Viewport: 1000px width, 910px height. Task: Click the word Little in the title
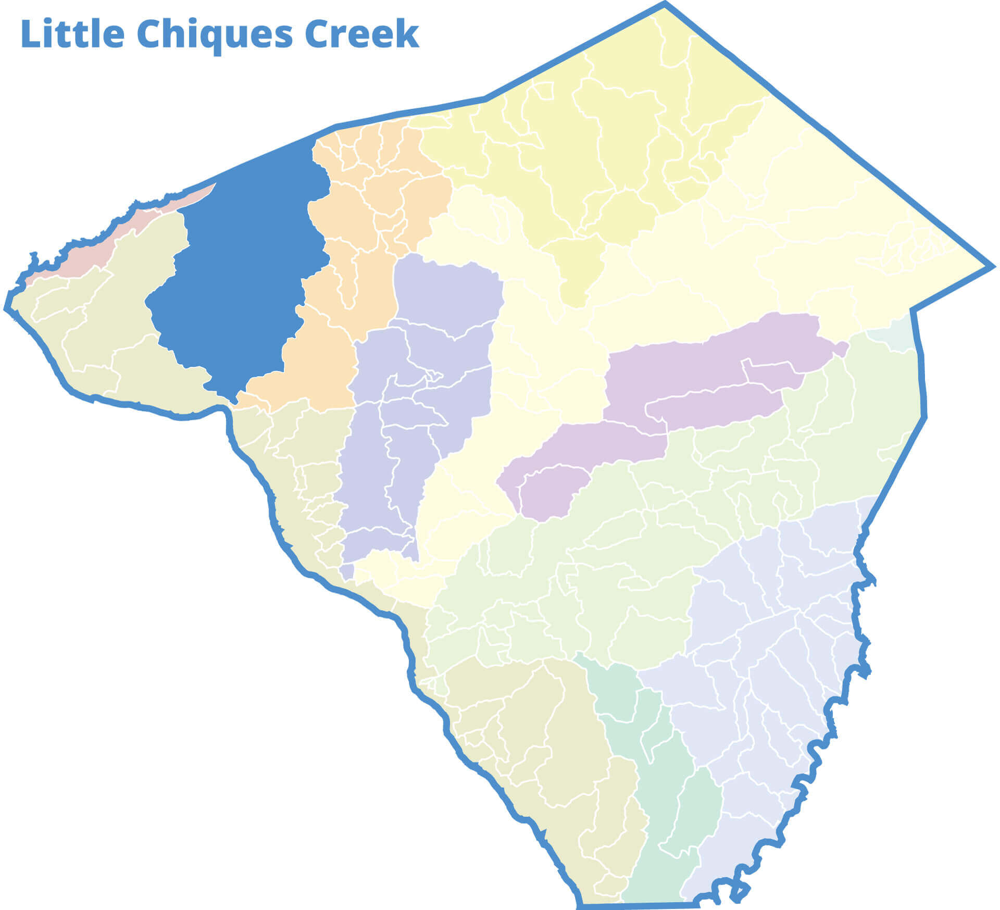pyautogui.click(x=72, y=34)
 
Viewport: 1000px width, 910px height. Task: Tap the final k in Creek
pyautogui.click(x=407, y=34)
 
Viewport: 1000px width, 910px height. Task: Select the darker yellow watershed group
pyautogui.click(x=599, y=156)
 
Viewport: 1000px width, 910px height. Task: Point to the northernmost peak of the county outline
pyautogui.click(x=665, y=4)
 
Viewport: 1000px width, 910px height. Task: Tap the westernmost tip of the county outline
pyautogui.click(x=7, y=307)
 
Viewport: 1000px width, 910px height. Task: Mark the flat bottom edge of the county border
pyautogui.click(x=635, y=905)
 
